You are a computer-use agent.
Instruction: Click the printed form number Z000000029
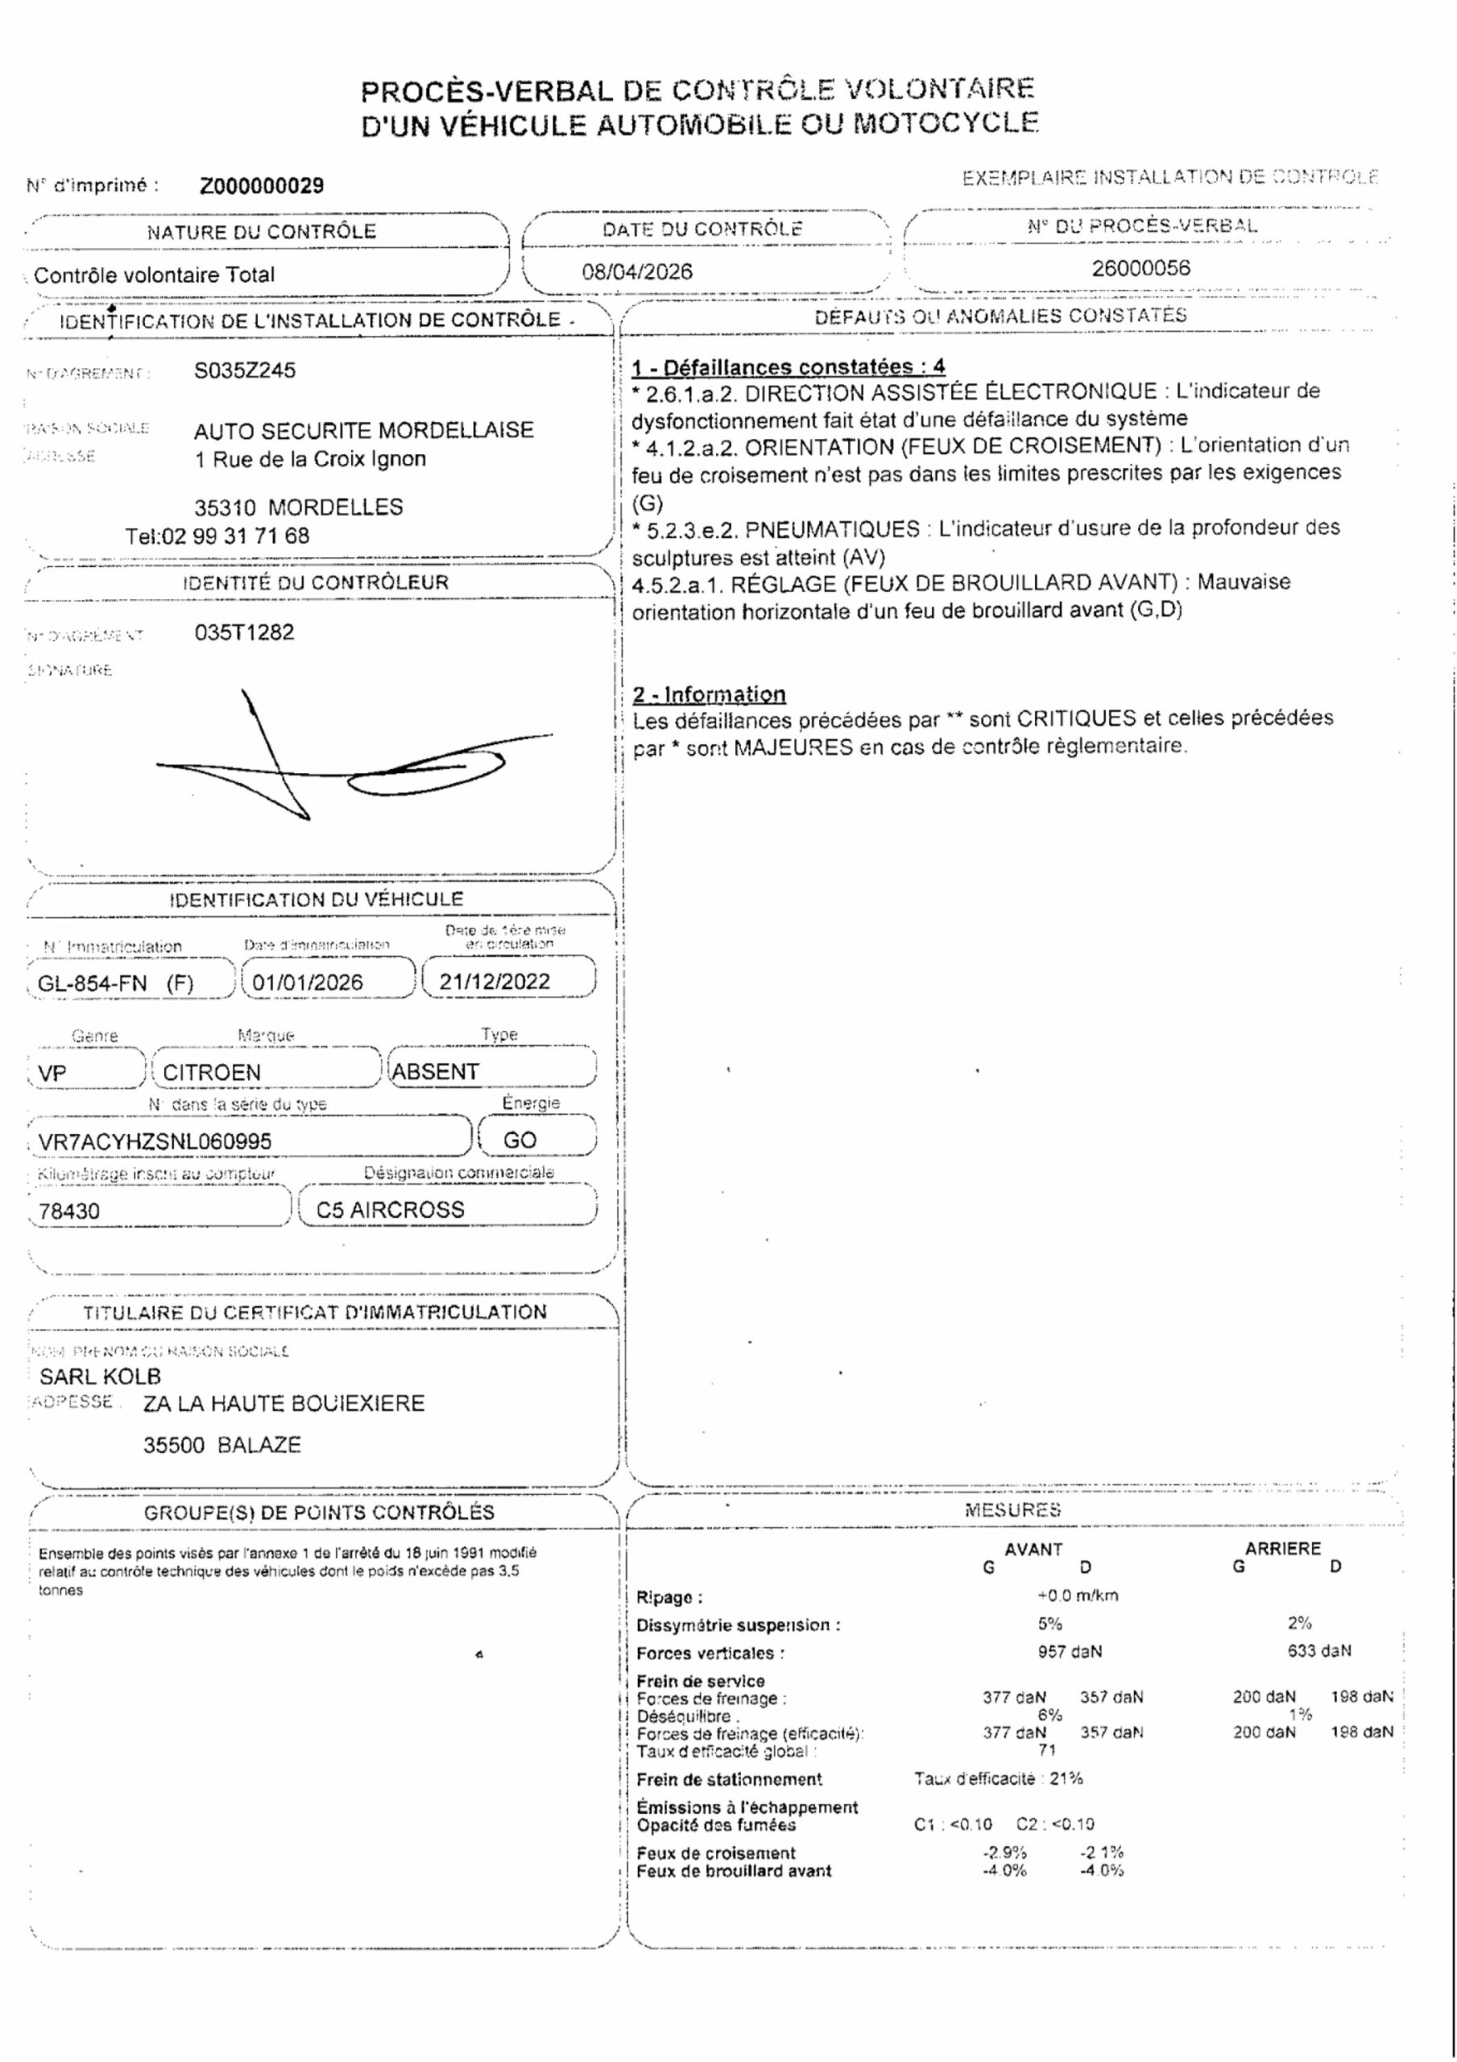click(x=262, y=186)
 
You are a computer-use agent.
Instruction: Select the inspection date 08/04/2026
click(x=637, y=271)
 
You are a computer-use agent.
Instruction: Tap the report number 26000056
click(x=1140, y=267)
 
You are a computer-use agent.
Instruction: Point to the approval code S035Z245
click(x=244, y=370)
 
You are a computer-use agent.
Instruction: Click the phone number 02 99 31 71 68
click(x=234, y=536)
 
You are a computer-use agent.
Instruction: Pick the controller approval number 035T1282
click(x=244, y=632)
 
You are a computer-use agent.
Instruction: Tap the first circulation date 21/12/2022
click(x=494, y=981)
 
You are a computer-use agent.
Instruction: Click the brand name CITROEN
click(x=211, y=1072)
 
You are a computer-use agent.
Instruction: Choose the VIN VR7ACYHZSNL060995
click(x=155, y=1141)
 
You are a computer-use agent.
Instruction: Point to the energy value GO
click(x=520, y=1140)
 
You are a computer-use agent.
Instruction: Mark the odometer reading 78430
click(x=69, y=1211)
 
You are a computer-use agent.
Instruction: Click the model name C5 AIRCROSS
click(x=390, y=1210)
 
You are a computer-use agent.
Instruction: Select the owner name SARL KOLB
click(x=100, y=1376)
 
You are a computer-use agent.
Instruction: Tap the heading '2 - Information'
click(x=709, y=694)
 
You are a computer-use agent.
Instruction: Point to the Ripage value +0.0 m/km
click(x=1077, y=1595)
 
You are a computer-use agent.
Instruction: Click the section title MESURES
click(x=1012, y=1509)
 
